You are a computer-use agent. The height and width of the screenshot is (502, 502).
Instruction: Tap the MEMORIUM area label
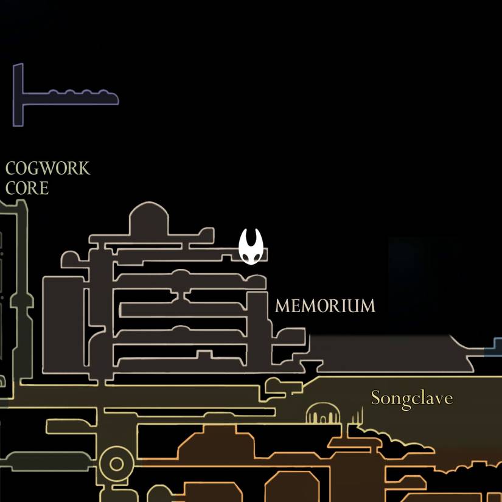pos(325,306)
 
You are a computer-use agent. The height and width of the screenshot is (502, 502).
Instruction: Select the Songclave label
pos(412,399)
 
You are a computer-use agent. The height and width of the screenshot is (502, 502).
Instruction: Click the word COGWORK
pos(47,169)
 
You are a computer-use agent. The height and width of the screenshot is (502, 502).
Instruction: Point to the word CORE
pos(27,189)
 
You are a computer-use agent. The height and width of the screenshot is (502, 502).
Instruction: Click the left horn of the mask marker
pos(244,238)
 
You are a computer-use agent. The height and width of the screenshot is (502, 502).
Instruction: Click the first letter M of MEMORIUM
pos(281,306)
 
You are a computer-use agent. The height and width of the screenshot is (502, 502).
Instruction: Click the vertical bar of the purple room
pos(18,95)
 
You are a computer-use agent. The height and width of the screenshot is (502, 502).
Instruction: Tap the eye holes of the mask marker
pos(251,258)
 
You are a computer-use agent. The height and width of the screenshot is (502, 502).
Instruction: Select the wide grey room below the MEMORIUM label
pos(389,353)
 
